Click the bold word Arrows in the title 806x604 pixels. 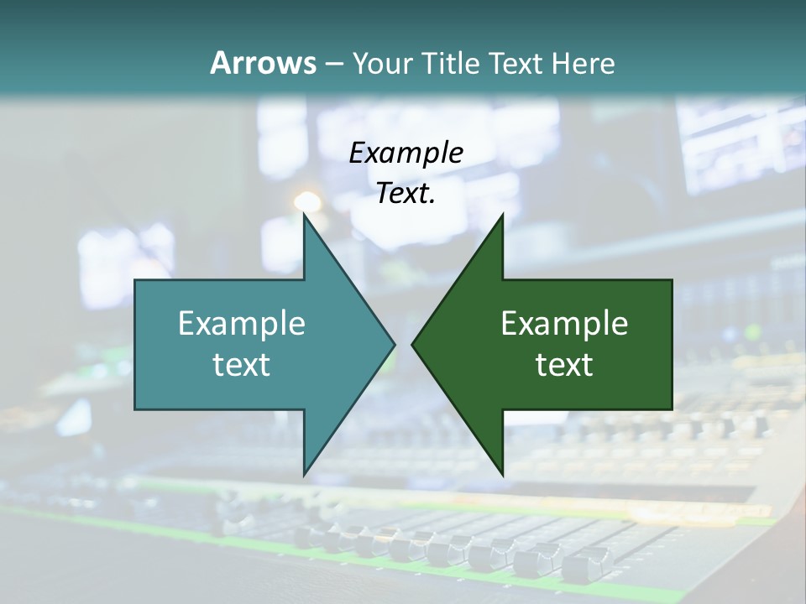(x=263, y=63)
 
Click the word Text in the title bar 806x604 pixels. (x=516, y=63)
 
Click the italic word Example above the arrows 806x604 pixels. (x=406, y=153)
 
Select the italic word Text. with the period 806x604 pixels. (x=406, y=194)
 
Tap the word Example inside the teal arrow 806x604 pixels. (x=242, y=323)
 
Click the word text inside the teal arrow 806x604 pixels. (x=242, y=364)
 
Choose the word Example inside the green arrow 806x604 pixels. (x=564, y=323)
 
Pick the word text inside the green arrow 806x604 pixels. (x=564, y=364)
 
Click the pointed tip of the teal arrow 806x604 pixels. (x=394, y=344)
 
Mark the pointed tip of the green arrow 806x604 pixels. (x=413, y=344)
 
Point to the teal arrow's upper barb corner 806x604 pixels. (x=304, y=215)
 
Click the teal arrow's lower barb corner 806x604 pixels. (x=304, y=474)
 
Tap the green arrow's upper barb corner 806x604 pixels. (x=502, y=215)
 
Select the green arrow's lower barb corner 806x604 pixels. (x=502, y=474)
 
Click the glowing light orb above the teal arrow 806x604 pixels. (x=307, y=201)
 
